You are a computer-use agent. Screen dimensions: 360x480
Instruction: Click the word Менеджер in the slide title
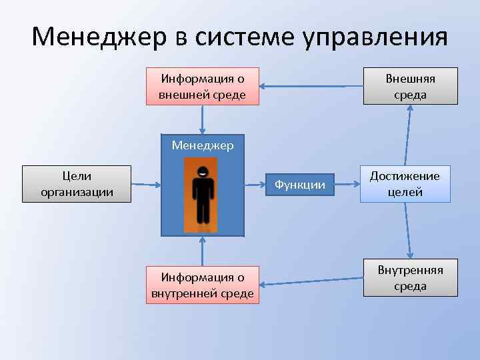99,37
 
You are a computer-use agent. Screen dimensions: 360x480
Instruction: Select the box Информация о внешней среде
202,87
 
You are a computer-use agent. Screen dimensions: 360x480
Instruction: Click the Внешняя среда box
410,87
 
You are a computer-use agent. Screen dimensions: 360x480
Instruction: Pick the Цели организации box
77,185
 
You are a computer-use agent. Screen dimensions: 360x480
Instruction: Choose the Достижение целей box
405,184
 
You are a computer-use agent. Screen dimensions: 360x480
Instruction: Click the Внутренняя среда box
410,278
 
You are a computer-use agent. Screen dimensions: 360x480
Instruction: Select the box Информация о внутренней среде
202,285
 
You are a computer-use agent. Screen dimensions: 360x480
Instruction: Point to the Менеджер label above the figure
203,145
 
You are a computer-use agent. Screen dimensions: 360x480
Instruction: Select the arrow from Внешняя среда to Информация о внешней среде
311,86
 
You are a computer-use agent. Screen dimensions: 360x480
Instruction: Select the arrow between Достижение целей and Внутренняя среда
408,231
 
